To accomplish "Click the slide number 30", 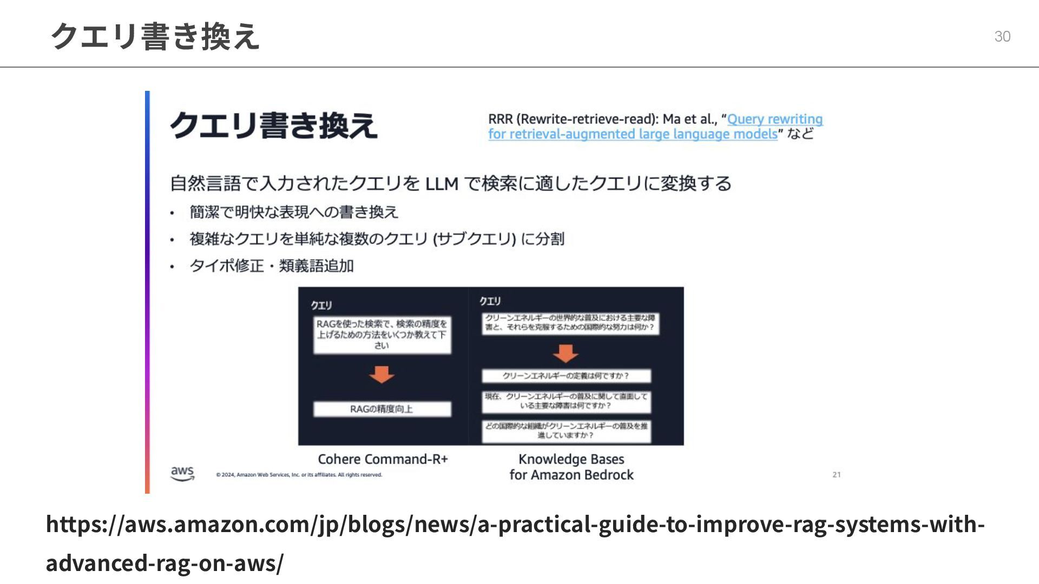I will coord(1002,36).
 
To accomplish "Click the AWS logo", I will coord(182,473).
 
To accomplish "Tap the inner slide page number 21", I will coord(837,474).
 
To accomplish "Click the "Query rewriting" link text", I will coord(774,119).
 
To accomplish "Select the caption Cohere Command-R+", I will coord(383,459).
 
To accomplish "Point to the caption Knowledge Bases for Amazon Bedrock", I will coord(571,467).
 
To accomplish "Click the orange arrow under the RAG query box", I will coord(382,374).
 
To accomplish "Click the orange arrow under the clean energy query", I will coord(565,354).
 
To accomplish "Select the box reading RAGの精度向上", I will coord(382,409).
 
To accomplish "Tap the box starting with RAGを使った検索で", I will coord(382,335).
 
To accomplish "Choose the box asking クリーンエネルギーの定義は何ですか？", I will coord(566,376).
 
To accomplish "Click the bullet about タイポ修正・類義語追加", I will coord(271,266).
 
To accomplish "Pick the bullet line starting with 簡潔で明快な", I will coord(294,212).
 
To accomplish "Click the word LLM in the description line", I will coord(442,184).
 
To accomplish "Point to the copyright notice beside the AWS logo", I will coord(299,475).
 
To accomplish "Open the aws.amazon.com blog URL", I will coord(515,543).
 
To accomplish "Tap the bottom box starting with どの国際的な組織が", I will coord(566,430).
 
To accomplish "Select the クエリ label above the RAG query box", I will coord(321,306).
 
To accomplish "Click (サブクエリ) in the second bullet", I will coord(474,238).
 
